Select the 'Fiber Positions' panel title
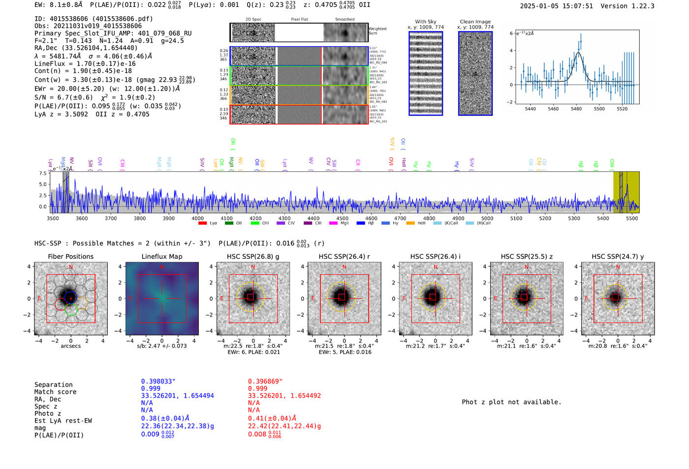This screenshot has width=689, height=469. tap(70, 256)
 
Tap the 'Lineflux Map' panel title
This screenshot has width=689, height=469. tap(162, 256)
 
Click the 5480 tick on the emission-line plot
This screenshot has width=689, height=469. tap(576, 109)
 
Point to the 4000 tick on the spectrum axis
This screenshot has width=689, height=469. tap(197, 218)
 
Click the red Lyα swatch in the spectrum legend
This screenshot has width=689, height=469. tap(202, 223)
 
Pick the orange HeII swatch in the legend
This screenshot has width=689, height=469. tap(410, 223)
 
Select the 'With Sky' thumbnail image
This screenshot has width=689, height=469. tap(426, 73)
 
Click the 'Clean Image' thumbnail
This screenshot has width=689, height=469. tap(475, 73)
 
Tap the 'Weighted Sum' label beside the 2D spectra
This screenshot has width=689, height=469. tap(377, 31)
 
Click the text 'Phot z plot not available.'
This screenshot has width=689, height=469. tap(511, 402)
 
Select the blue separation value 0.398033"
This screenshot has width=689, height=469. tap(158, 381)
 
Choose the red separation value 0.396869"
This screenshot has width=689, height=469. tap(265, 381)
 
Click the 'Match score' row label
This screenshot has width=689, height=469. tap(55, 392)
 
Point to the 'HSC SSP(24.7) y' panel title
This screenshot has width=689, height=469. tap(618, 256)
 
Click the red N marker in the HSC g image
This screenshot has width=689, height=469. tap(253, 267)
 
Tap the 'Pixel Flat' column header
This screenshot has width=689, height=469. tap(299, 19)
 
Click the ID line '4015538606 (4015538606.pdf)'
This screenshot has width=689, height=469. tap(94, 19)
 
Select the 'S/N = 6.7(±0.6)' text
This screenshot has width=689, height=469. tap(63, 97)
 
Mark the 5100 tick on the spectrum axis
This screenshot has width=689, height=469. tap(516, 218)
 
